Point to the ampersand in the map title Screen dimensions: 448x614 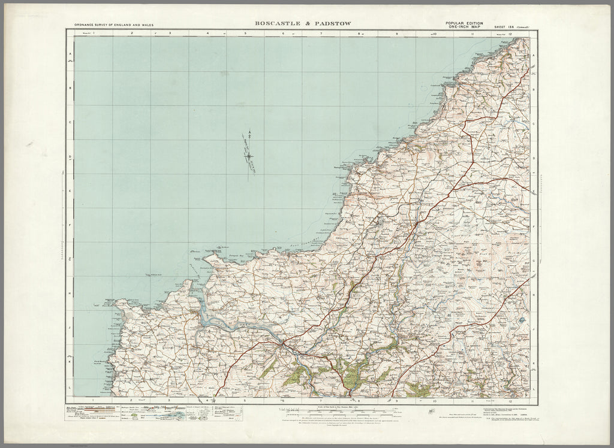(x=303, y=23)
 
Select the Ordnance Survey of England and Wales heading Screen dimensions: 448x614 (x=114, y=25)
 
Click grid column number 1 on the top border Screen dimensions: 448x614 (x=94, y=34)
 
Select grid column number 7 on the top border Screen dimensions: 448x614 (x=321, y=34)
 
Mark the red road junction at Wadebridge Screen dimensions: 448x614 (x=281, y=344)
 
